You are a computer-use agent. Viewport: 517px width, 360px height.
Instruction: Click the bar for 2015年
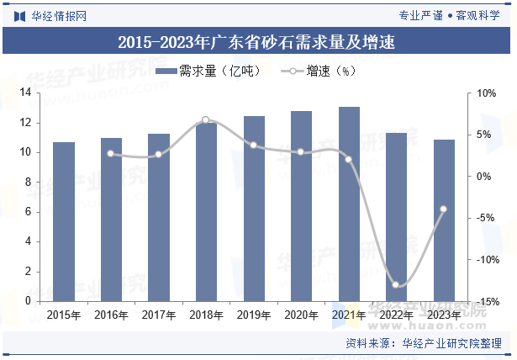coord(64,221)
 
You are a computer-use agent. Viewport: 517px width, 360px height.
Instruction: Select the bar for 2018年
coord(206,211)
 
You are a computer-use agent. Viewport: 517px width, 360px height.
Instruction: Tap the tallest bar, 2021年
coord(349,204)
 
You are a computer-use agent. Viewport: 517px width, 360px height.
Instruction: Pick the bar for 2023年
coord(444,220)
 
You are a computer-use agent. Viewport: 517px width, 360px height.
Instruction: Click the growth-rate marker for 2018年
coord(206,120)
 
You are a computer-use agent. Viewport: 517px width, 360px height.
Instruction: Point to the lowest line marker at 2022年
coord(396,285)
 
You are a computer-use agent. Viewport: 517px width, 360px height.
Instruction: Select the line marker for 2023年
coord(444,209)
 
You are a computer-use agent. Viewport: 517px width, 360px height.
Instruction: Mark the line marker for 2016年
coord(111,154)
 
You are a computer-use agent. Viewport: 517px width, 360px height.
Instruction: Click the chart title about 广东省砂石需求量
coord(257,40)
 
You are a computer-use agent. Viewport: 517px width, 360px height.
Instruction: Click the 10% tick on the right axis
coord(487,93)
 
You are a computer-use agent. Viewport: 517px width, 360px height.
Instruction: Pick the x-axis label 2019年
coord(254,315)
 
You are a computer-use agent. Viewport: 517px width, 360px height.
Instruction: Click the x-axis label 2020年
coord(302,315)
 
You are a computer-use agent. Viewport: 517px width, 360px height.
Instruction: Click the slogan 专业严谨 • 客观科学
coord(450,14)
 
